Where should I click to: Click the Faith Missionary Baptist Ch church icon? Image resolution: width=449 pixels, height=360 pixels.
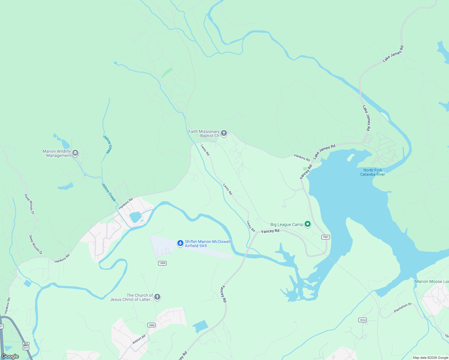tap(224, 133)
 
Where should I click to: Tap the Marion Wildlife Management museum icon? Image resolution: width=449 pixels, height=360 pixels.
tap(75, 153)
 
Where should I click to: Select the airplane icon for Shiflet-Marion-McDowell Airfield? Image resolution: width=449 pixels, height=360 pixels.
tap(180, 243)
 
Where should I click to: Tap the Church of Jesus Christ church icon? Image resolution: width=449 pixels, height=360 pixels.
tap(157, 297)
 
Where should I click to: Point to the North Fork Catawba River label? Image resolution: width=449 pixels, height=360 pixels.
tap(372, 172)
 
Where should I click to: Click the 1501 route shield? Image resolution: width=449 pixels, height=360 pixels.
tap(326, 237)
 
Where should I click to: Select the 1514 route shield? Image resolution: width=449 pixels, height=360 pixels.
tap(363, 320)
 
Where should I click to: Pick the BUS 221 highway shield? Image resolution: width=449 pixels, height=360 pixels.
tap(26, 346)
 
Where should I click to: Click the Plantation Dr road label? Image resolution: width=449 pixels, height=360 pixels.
tap(402, 308)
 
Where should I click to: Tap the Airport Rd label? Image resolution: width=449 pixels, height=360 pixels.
tap(139, 339)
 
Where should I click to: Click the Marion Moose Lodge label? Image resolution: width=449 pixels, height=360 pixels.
tap(432, 281)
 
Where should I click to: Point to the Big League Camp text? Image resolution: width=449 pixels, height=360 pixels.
tap(287, 224)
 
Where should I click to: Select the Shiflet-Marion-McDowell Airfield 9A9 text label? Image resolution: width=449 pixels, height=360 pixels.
tap(208, 244)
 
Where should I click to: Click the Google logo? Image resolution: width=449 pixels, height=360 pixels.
tap(10, 356)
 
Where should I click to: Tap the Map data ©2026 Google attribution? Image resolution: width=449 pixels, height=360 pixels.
tap(430, 358)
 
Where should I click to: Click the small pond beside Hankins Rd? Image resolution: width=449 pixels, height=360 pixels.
tap(136, 217)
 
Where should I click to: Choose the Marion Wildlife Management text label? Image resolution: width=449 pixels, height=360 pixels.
tap(57, 153)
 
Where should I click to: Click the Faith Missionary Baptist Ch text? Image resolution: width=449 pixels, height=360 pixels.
tap(204, 133)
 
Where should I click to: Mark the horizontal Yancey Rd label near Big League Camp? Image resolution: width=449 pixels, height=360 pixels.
tap(270, 231)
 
